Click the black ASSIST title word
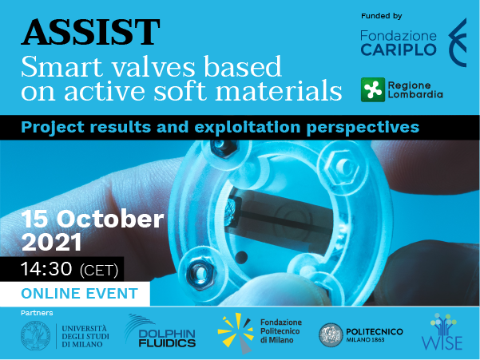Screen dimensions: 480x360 (90, 32)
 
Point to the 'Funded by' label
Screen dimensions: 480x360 (382, 16)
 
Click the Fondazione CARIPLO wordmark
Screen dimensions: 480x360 (399, 43)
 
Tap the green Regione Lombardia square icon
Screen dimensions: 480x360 (373, 89)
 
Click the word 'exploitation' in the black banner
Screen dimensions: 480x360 (247, 127)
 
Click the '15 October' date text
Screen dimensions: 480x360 (93, 219)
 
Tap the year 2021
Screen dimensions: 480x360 (52, 242)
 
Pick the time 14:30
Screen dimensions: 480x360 (46, 269)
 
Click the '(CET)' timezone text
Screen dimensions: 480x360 (98, 270)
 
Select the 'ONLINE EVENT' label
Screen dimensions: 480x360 (79, 293)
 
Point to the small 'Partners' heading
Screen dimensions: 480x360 (37, 313)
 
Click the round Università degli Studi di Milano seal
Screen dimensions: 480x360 (35, 336)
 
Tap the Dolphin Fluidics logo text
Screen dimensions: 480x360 (167, 338)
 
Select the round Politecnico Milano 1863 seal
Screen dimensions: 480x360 (331, 335)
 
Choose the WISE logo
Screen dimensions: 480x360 (442, 332)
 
